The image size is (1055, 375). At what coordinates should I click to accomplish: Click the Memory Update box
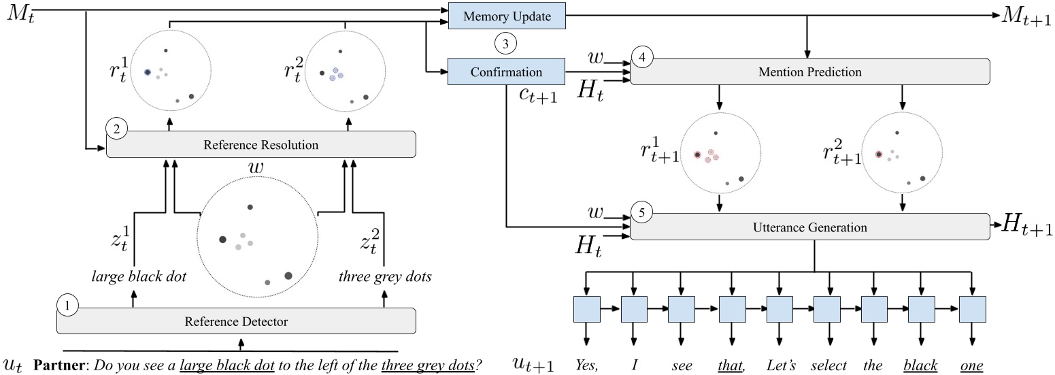tap(507, 16)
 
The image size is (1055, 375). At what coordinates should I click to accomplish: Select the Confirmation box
tap(507, 71)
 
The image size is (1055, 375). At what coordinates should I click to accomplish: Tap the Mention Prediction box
tap(809, 71)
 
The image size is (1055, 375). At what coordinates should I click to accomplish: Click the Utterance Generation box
tap(809, 226)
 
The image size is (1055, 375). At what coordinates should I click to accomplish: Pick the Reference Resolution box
tap(261, 144)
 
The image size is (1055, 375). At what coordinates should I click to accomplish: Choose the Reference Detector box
tap(236, 321)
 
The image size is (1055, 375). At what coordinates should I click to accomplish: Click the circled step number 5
tap(642, 212)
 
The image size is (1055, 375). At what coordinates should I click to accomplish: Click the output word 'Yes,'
tap(586, 365)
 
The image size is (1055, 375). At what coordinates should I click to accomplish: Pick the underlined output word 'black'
tap(920, 365)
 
